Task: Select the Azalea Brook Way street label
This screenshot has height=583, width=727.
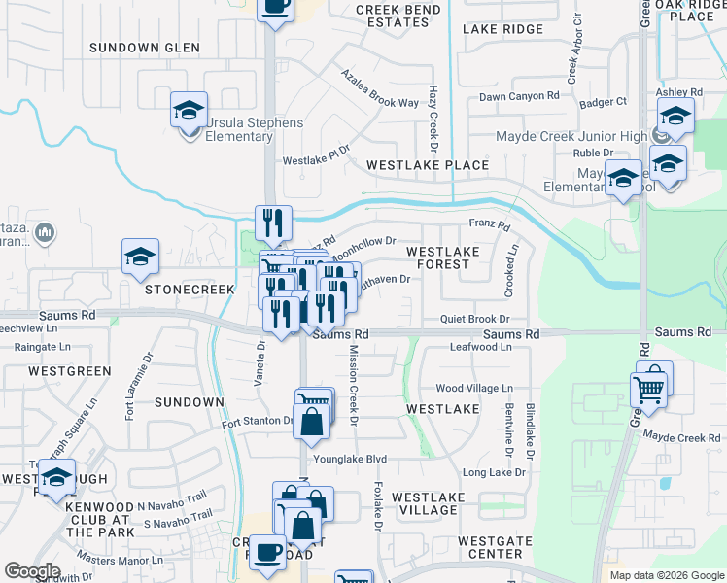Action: [378, 89]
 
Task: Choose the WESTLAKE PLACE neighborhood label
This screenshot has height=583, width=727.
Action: [427, 165]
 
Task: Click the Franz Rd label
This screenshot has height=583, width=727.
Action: [490, 225]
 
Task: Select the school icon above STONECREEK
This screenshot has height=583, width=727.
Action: [140, 258]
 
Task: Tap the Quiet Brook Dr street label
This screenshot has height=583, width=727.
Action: [474, 319]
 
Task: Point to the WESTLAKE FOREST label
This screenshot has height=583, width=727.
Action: [442, 257]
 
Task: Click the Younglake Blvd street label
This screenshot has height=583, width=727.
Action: [350, 460]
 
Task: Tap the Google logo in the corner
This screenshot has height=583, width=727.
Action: [32, 571]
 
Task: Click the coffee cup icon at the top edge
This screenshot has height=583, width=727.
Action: [275, 6]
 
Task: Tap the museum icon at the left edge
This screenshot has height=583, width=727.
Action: [44, 233]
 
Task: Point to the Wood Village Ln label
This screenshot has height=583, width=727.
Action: [474, 388]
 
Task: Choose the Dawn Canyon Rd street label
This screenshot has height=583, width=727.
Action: [519, 96]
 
